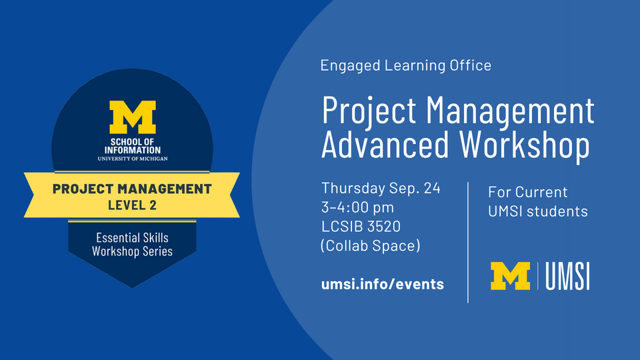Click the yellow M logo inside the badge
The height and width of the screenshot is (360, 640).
point(132,117)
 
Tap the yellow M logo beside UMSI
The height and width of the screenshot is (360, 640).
point(510,276)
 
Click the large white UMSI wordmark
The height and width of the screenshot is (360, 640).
point(567,276)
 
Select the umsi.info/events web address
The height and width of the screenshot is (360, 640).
point(383,284)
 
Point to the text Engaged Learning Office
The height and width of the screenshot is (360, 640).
point(406,65)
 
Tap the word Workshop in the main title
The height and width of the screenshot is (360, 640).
point(525,145)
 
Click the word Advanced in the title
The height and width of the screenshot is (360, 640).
point(385,145)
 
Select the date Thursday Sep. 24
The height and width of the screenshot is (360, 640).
point(381,188)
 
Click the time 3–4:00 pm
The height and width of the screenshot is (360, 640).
point(357,207)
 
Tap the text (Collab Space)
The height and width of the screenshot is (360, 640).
point(370,246)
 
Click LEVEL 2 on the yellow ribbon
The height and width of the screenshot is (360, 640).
point(132,205)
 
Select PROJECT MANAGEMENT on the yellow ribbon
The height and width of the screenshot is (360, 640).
point(132,189)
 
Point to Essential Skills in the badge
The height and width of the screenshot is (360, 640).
point(132,237)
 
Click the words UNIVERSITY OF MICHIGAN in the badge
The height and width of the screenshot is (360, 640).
point(133,159)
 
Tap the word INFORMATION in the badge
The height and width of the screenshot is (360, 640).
point(133,150)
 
